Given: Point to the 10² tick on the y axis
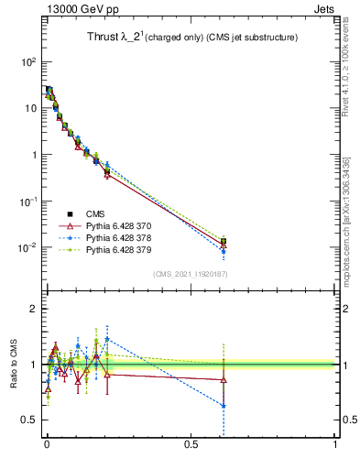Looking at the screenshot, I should [x=28, y=61].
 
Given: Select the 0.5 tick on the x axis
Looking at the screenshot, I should [x=191, y=445].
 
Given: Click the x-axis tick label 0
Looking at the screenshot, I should [x=47, y=445].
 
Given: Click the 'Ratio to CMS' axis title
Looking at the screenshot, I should [x=13, y=365].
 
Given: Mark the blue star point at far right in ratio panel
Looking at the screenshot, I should [x=224, y=405].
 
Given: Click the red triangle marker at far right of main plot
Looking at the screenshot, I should [x=224, y=245].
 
